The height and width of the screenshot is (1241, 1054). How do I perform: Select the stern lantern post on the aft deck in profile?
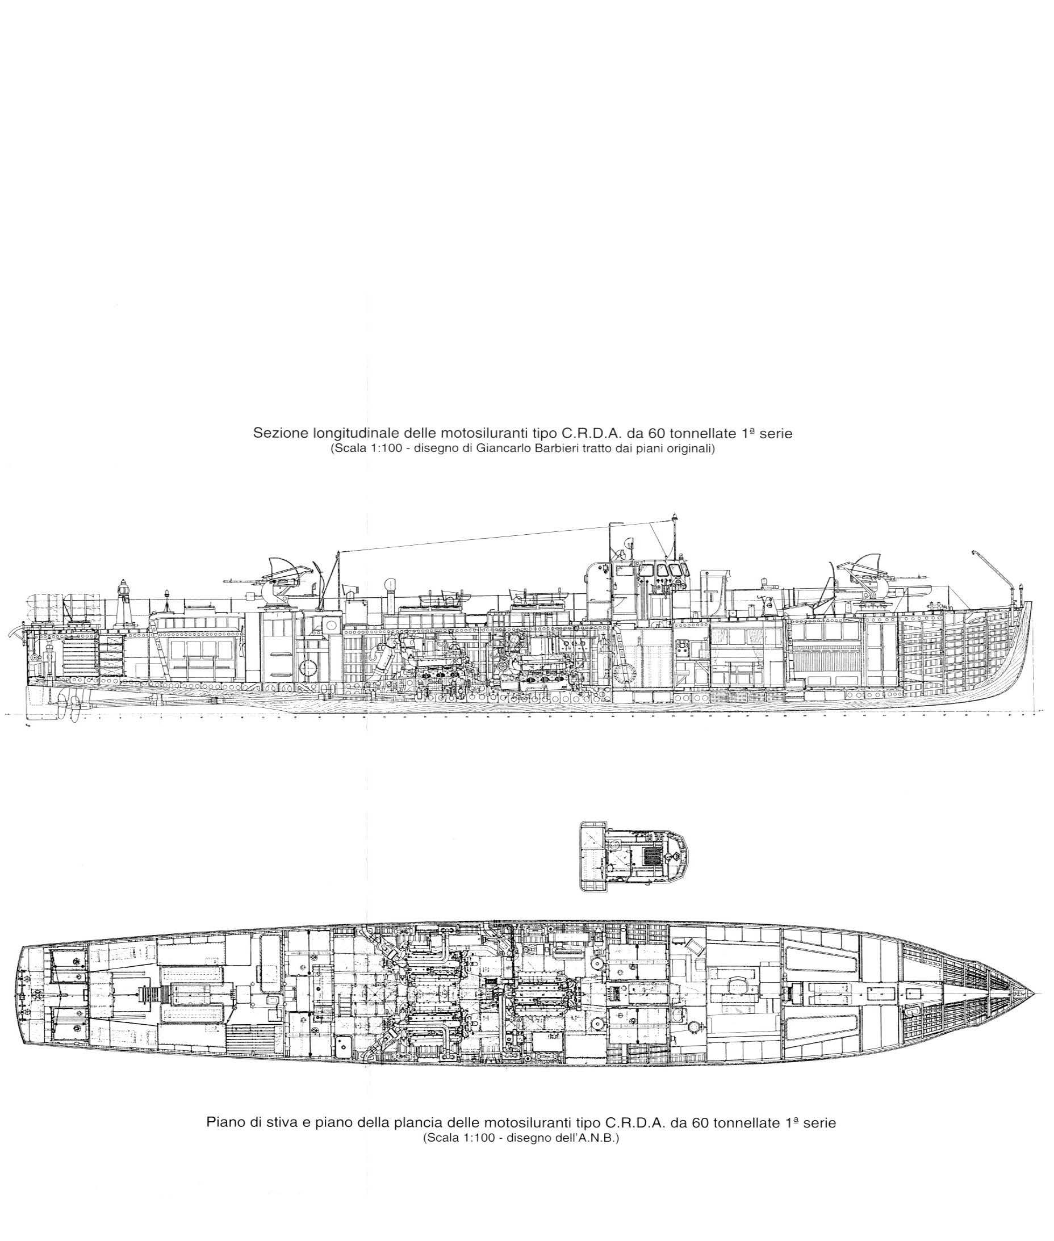click(x=124, y=599)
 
